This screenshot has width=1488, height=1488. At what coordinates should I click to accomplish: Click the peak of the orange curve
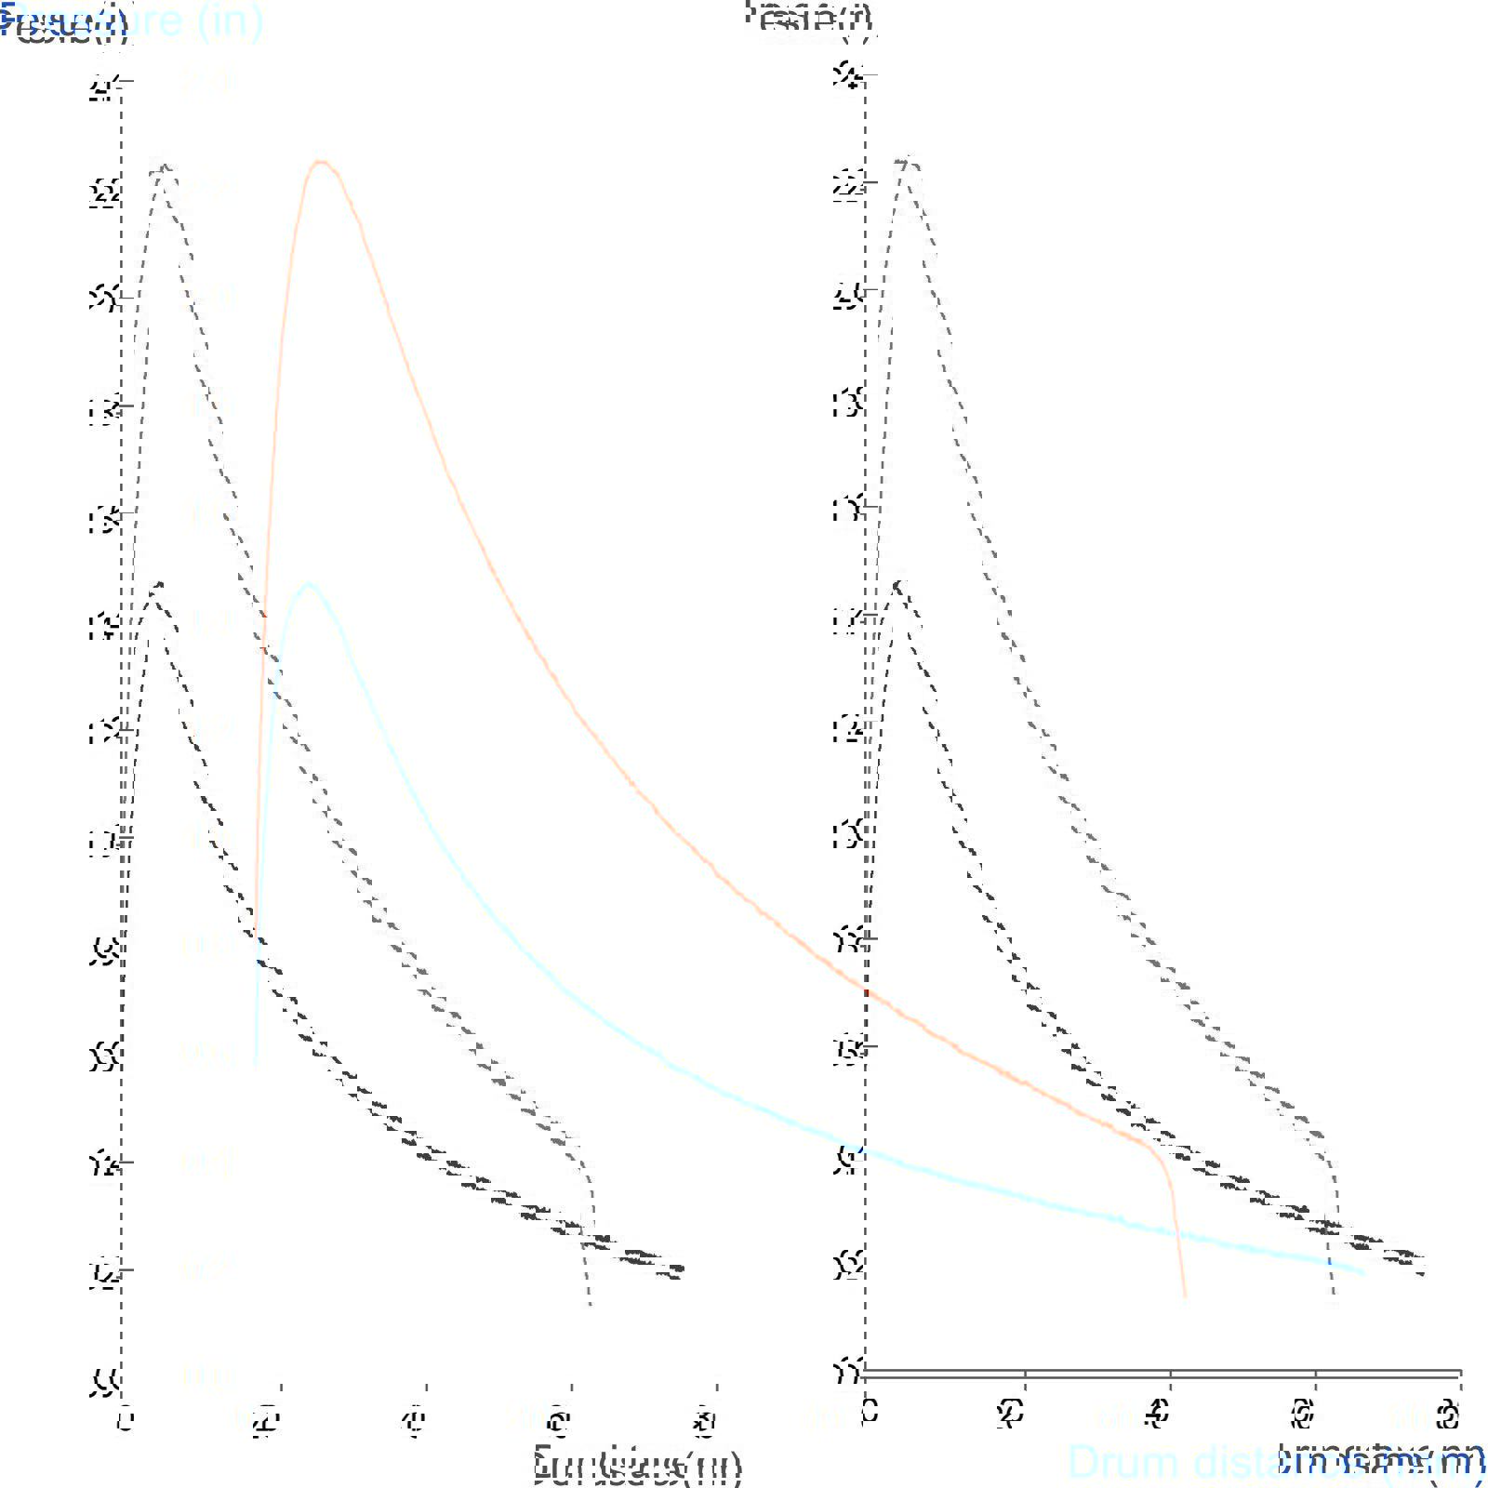coord(321,162)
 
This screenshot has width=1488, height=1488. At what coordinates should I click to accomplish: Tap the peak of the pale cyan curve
coord(309,584)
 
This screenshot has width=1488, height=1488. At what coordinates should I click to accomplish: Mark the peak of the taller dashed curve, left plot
coord(165,166)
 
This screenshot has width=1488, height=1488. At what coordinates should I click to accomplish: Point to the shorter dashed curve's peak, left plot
coord(159,584)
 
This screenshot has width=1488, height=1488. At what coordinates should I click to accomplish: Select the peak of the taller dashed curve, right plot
coord(907,159)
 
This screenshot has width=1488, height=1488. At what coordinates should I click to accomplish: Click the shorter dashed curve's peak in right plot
coord(898,583)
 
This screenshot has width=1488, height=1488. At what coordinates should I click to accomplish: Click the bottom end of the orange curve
coord(1185,1295)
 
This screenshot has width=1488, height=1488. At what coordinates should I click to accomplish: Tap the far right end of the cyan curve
coord(1363,1272)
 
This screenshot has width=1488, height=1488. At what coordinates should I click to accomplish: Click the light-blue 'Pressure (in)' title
coord(139,20)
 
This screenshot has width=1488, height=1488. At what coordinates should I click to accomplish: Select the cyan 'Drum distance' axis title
coord(1209,1462)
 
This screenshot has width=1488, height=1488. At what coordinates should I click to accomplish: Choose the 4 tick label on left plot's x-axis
coord(414,1421)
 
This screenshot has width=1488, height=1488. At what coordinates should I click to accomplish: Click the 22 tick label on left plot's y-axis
coord(105,193)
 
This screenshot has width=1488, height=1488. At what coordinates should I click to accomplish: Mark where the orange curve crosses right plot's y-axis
coord(866,991)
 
